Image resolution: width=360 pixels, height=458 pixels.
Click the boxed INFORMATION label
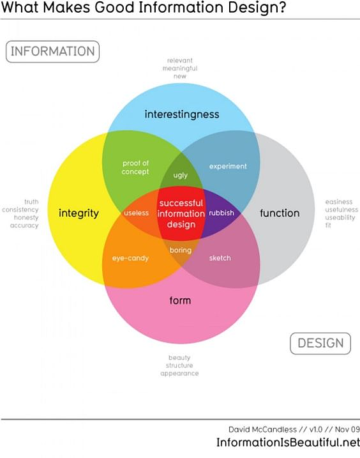point(52,52)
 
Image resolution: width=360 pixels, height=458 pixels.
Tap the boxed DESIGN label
point(320,343)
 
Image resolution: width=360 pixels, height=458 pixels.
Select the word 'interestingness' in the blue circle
point(182,114)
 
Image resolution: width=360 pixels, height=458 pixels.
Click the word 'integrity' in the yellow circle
point(79,213)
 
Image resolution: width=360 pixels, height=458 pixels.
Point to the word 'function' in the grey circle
point(280,213)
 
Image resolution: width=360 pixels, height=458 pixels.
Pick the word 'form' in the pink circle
point(180,300)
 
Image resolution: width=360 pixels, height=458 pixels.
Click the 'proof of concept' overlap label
point(135,167)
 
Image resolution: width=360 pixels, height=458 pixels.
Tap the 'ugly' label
point(181,176)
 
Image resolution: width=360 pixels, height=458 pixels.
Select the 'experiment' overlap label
point(228,167)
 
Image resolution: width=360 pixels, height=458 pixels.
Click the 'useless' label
point(137,213)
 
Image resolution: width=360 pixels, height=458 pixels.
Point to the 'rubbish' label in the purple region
point(221,213)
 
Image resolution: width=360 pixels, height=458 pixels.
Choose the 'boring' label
point(181,250)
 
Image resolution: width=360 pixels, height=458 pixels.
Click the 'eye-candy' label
point(130,258)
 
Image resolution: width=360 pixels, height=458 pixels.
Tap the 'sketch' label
point(220,258)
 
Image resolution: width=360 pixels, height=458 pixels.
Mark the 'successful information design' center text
point(181,214)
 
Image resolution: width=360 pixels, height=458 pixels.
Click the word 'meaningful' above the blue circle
point(180,68)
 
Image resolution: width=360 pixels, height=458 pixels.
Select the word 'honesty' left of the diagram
point(26,218)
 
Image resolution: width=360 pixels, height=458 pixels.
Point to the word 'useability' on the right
point(340,218)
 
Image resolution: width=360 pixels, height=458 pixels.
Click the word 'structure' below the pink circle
point(179,365)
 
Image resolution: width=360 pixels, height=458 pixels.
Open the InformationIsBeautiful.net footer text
point(288,442)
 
